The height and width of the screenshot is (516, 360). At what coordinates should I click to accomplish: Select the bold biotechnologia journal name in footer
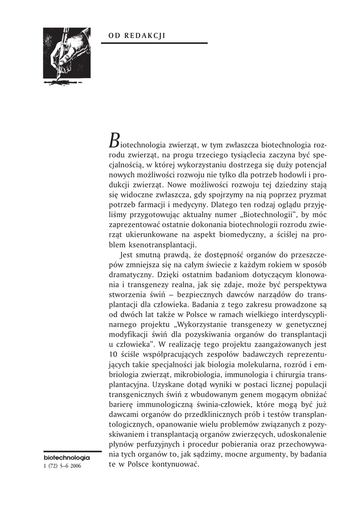pos(67,458)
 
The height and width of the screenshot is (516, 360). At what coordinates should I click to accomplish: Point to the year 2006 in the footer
pos(74,466)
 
